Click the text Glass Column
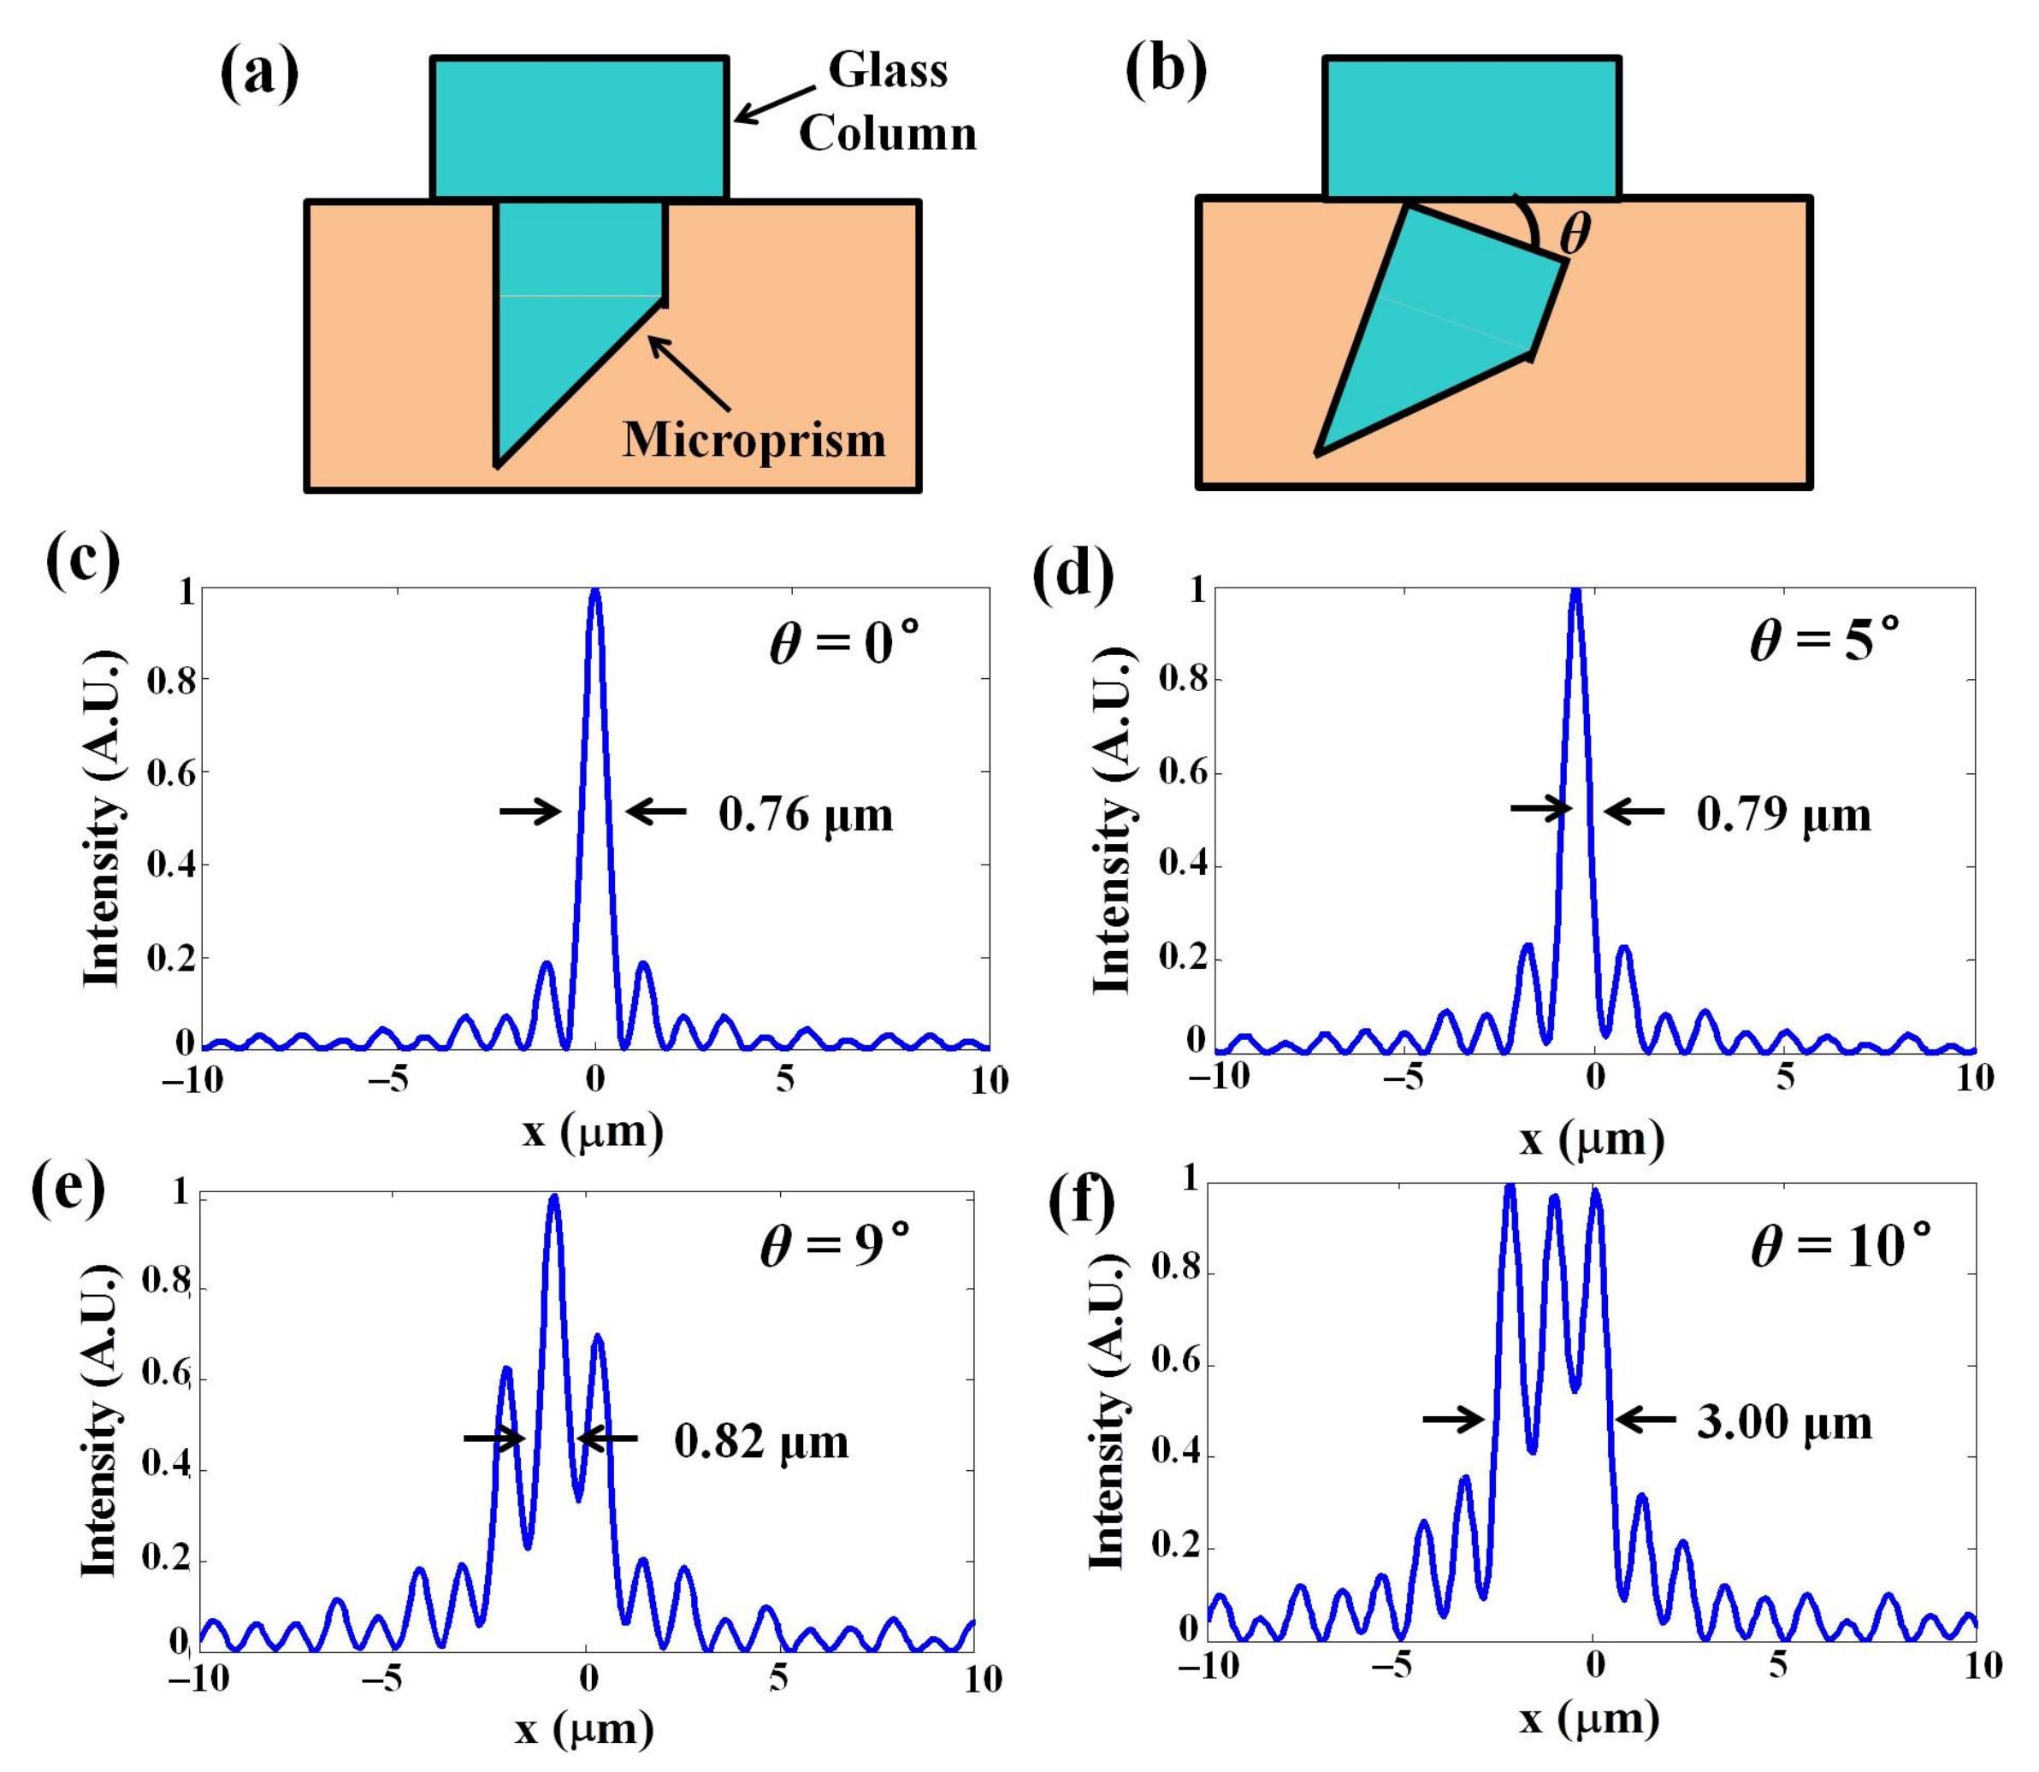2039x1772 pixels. pyautogui.click(x=887, y=102)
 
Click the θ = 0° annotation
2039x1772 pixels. pyautogui.click(x=843, y=644)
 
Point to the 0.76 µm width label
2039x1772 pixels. pyautogui.click(x=805, y=815)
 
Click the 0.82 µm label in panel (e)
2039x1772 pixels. pyautogui.click(x=761, y=1442)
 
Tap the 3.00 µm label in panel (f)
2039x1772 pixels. pyautogui.click(x=1785, y=1423)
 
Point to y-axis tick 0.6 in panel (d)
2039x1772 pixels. pyautogui.click(x=1182, y=773)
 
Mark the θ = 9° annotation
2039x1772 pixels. pyautogui.click(x=835, y=1245)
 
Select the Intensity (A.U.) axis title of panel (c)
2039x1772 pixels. pyautogui.click(x=102, y=818)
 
